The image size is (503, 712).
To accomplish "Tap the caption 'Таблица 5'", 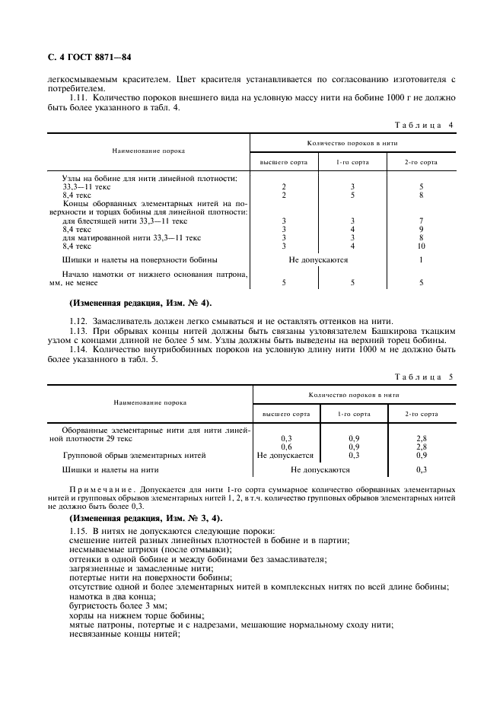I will point(423,377).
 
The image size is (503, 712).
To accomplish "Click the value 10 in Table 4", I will point(421,246).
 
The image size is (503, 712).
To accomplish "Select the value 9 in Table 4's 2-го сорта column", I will point(421,229).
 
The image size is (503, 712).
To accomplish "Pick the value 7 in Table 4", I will point(421,221).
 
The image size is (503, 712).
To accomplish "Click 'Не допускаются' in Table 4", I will point(319,259).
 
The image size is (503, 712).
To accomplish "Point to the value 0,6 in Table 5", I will point(286,447).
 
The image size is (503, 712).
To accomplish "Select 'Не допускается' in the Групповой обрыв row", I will point(285,455).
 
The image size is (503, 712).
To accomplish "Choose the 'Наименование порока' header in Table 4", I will point(149,151).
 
